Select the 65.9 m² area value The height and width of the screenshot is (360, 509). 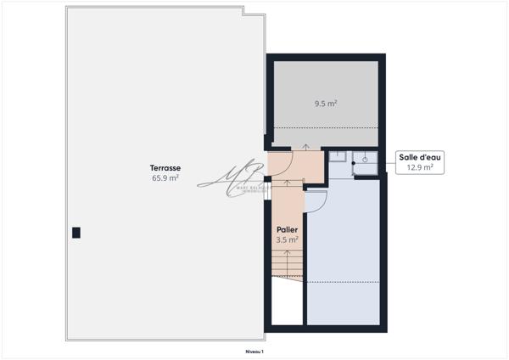click(x=165, y=178)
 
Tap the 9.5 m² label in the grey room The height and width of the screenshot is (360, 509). click(x=326, y=104)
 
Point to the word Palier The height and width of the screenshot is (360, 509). click(x=286, y=230)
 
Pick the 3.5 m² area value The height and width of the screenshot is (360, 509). click(x=287, y=240)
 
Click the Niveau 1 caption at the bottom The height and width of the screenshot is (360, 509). click(x=253, y=351)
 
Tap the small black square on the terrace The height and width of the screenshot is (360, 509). click(x=76, y=232)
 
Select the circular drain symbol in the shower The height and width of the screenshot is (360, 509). click(x=365, y=159)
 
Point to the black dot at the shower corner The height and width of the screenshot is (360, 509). click(x=353, y=161)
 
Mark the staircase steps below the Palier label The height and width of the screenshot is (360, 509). click(x=287, y=267)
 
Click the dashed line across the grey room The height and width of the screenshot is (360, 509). click(x=326, y=128)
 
